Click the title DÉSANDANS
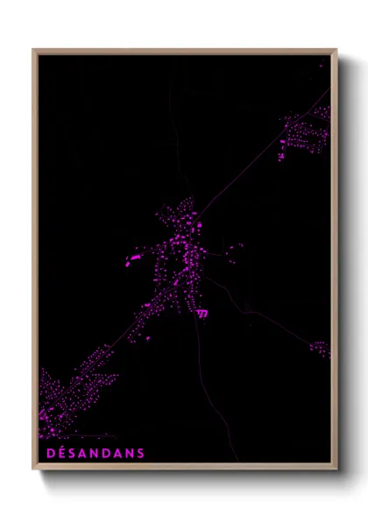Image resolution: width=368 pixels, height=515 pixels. [x=93, y=453]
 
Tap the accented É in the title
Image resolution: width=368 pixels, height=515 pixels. [x=57, y=453]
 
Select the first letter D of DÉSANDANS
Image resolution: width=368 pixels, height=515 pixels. [x=46, y=453]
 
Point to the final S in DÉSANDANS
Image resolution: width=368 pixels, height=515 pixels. [x=140, y=453]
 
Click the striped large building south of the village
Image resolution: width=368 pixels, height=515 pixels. [x=203, y=314]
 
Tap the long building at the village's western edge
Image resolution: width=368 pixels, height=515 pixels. [x=135, y=259]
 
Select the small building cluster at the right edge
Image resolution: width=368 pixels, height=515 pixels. [x=319, y=349]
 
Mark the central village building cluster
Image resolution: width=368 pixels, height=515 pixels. [x=180, y=254]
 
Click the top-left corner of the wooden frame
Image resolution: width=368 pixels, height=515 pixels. [x=34, y=50]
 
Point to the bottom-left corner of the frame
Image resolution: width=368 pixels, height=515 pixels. [x=34, y=469]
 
